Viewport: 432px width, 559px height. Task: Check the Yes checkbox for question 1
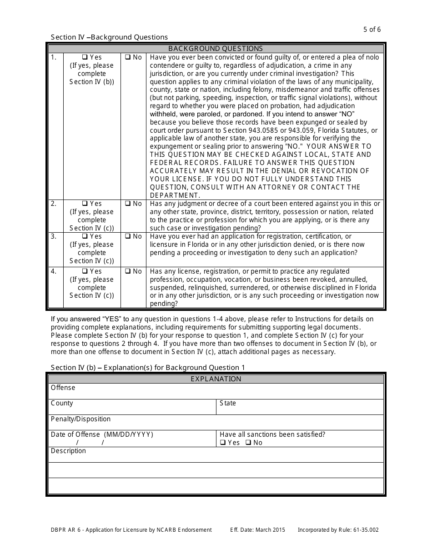pos(85,57)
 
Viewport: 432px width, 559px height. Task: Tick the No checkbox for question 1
pos(128,57)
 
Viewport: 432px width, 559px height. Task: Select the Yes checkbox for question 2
pos(85,204)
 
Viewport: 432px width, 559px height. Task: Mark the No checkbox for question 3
pos(128,236)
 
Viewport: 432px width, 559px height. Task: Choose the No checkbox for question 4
pos(128,271)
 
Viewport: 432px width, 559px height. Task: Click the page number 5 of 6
pos(372,30)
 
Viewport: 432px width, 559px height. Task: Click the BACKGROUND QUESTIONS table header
pos(216,49)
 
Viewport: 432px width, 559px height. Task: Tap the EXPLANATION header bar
pos(216,379)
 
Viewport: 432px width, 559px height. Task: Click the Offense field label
pos(63,388)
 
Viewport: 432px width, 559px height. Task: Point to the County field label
pos(62,403)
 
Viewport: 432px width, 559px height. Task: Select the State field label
pos(228,403)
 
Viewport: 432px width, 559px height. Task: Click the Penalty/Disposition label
pos(80,419)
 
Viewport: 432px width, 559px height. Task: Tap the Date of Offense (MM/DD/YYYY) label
pos(102,434)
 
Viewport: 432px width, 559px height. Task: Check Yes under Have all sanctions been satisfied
pos(223,443)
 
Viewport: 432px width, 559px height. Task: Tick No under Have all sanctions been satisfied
pos(248,443)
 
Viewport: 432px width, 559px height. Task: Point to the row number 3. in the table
pos(54,236)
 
